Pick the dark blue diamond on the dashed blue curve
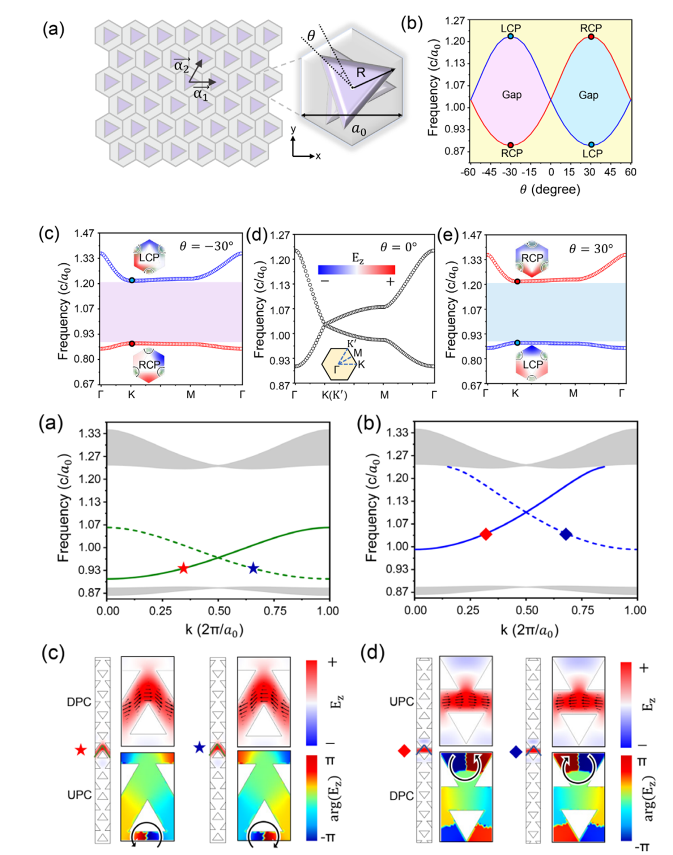point(566,534)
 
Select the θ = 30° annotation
point(591,248)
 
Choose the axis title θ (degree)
point(550,190)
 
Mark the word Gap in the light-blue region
point(588,95)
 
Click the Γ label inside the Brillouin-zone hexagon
point(336,369)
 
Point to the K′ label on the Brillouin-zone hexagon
point(352,343)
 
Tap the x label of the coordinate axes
point(318,156)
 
